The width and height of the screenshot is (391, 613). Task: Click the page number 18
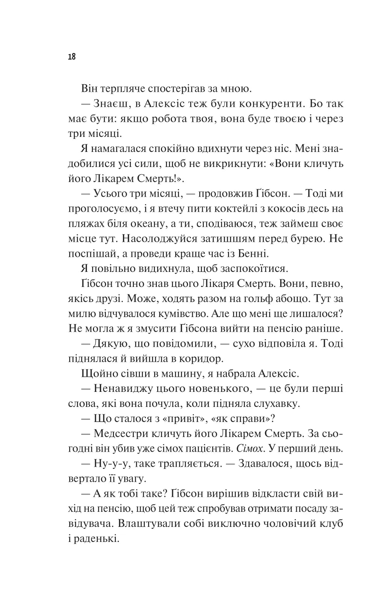pyautogui.click(x=72, y=57)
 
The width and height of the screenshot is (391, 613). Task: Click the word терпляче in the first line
pyautogui.click(x=119, y=89)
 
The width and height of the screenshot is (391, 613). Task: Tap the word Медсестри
pyautogui.click(x=121, y=433)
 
